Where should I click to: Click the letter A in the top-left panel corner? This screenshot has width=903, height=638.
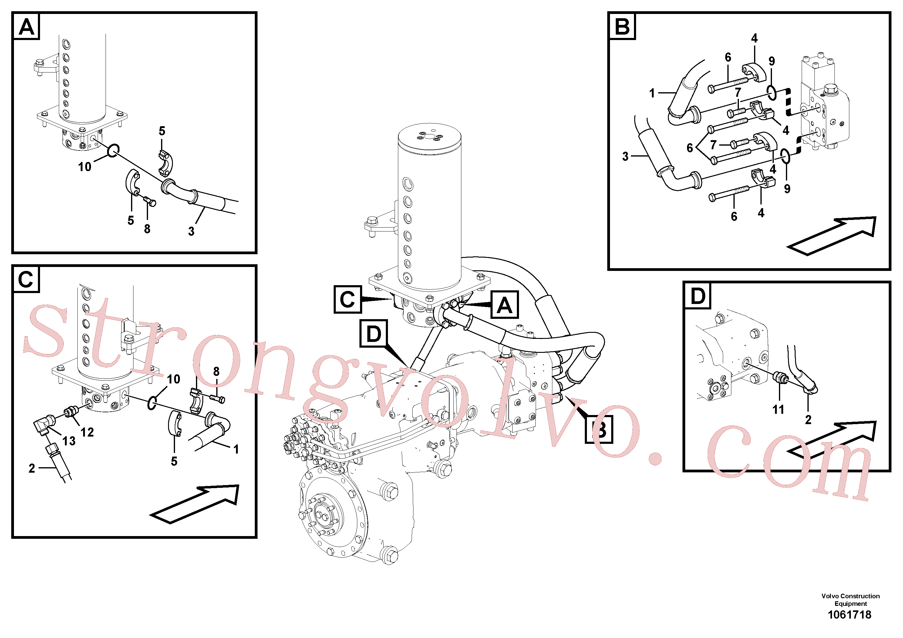tap(27, 27)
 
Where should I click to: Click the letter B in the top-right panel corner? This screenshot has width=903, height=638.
tap(622, 27)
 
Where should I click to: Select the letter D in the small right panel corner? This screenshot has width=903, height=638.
tap(698, 296)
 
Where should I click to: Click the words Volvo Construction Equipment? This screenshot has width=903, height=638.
tap(850, 600)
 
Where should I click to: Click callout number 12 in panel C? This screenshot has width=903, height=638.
tap(87, 432)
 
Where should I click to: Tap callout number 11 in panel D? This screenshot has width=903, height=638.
tap(778, 410)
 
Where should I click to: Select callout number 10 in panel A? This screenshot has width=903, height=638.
tap(85, 167)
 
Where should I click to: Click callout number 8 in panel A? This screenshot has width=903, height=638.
tap(147, 228)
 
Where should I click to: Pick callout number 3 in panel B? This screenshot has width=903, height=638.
tap(625, 157)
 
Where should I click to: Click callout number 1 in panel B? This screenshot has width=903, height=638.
tap(652, 93)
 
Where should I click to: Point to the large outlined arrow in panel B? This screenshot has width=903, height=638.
tap(831, 236)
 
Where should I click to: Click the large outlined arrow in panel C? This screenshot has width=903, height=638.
tap(195, 504)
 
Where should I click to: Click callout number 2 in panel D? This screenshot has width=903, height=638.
tap(808, 420)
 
